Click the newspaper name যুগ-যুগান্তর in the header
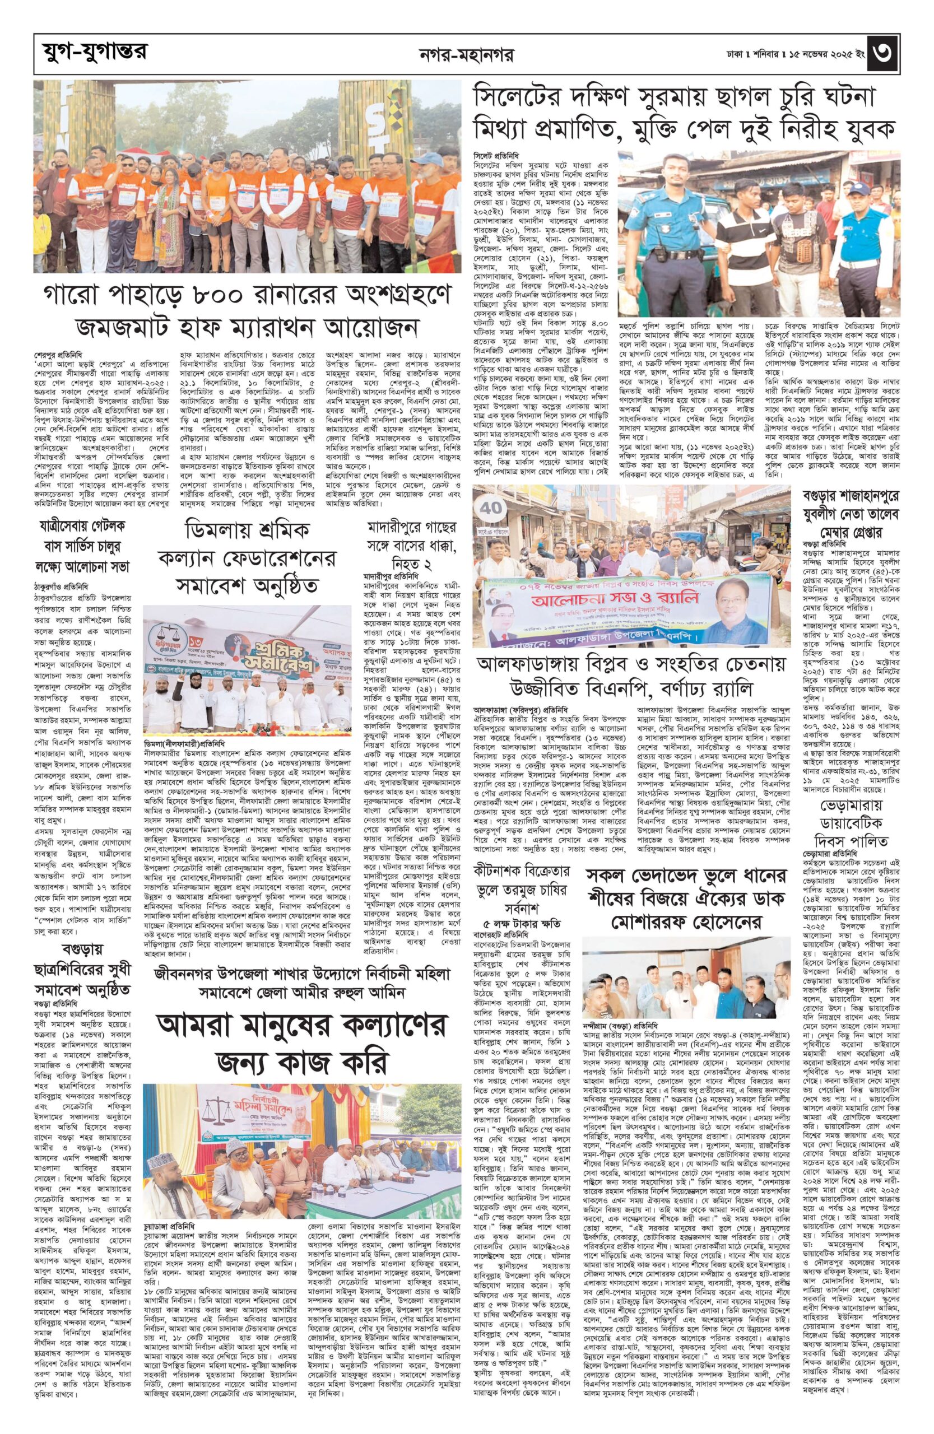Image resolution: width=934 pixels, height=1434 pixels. pos(89,53)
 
